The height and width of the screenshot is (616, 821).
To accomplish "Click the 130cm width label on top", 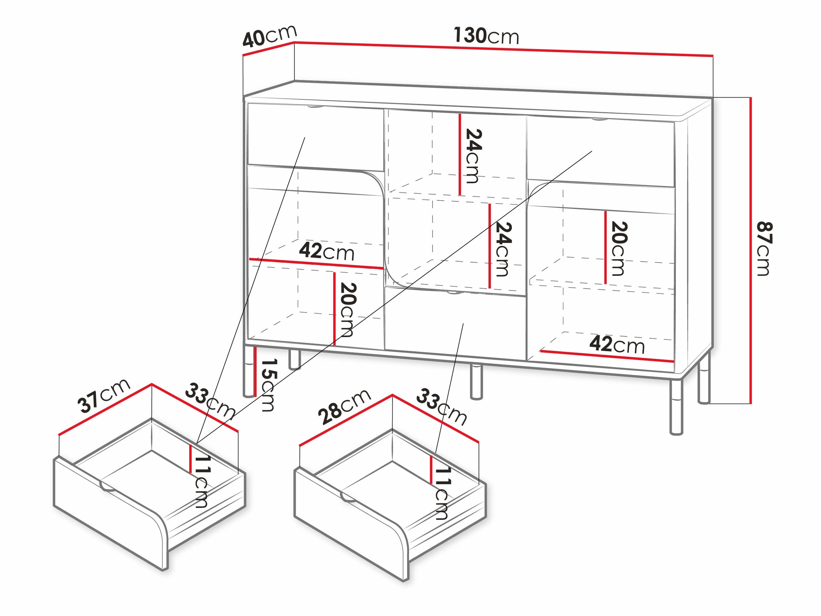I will (486, 36).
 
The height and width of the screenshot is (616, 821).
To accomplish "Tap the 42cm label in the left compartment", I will (326, 252).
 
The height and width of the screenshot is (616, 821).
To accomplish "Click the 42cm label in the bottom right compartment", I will (617, 345).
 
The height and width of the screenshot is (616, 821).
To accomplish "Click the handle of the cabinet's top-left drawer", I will (316, 107).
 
